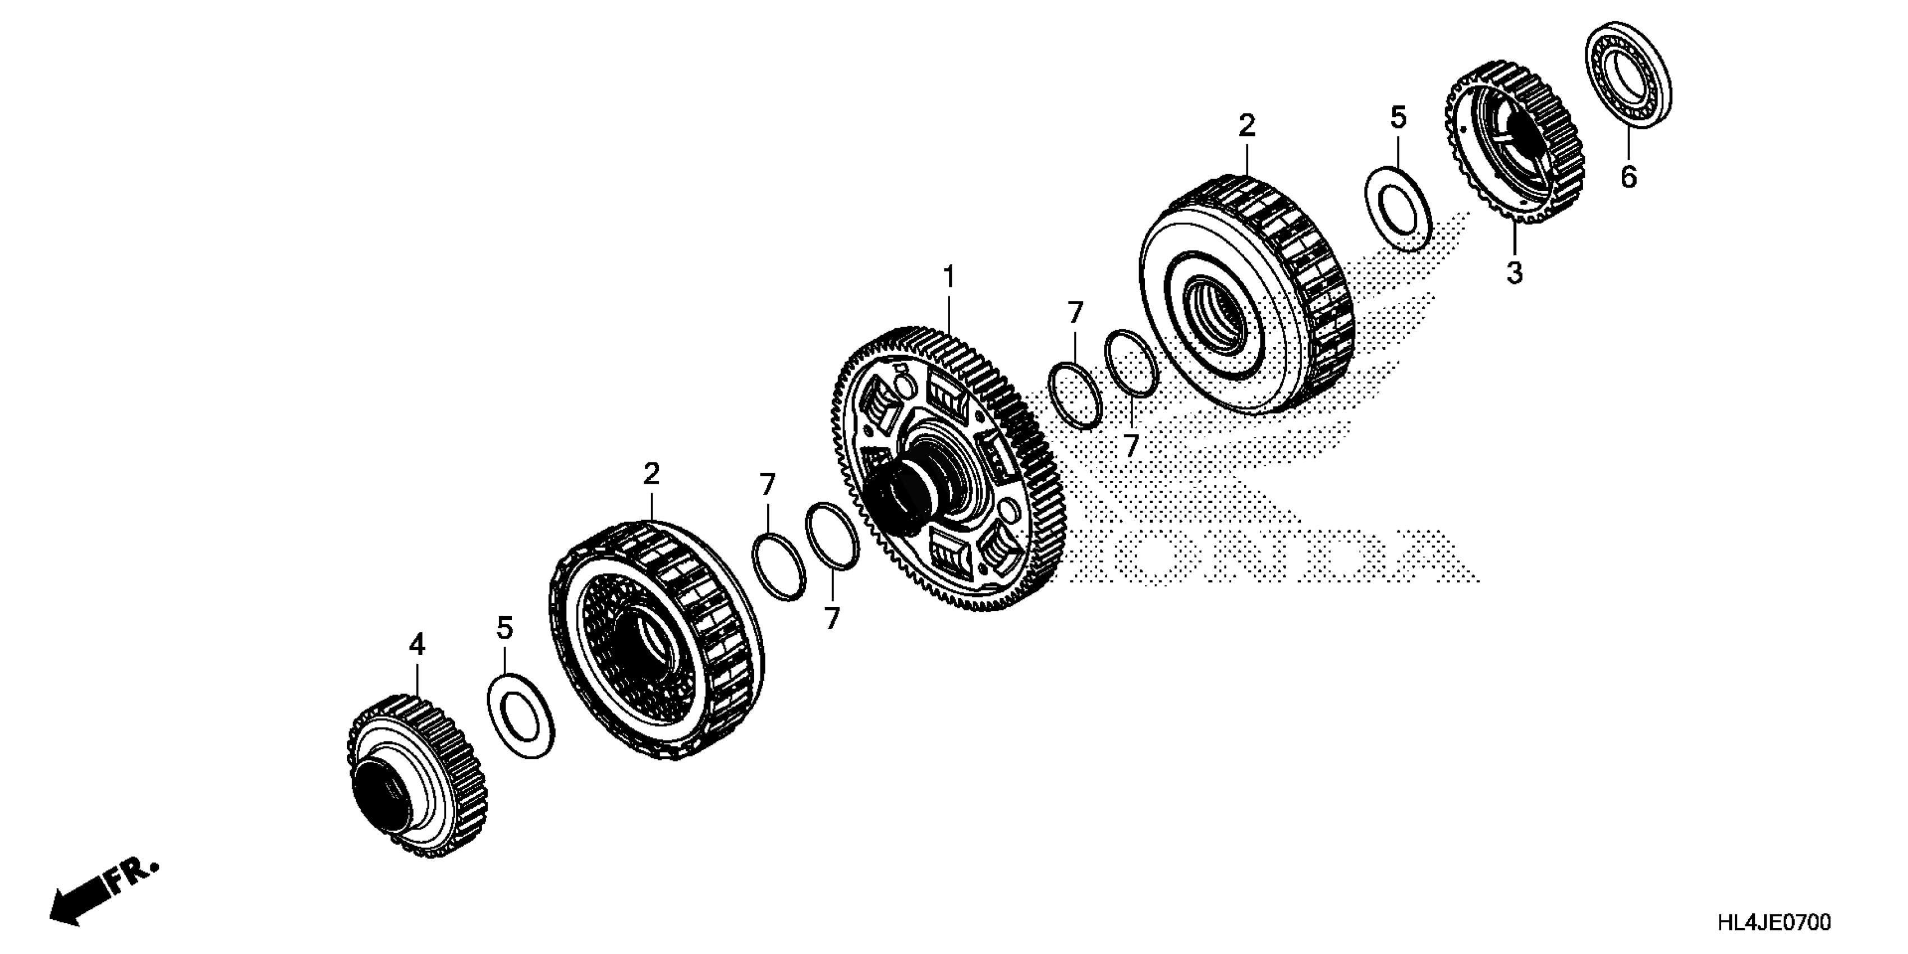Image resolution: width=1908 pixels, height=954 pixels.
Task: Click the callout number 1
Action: (949, 278)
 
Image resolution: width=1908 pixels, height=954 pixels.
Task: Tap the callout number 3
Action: (1515, 273)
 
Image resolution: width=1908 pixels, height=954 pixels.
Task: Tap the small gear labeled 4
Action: (417, 774)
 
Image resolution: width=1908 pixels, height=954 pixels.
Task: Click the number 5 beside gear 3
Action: (1398, 117)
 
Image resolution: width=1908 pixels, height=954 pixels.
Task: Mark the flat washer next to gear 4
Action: (521, 715)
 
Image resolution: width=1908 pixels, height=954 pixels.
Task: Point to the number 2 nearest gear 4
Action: (651, 474)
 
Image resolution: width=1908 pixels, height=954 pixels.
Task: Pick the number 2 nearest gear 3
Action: (1247, 126)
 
